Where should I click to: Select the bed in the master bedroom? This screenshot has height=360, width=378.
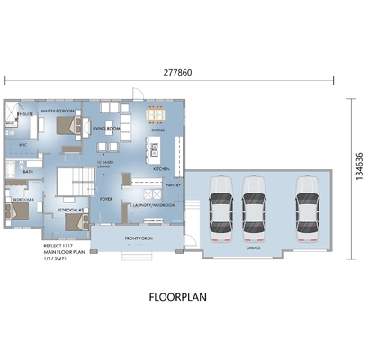63,127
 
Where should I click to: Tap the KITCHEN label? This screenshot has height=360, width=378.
161,168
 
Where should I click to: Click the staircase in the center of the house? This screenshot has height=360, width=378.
72,181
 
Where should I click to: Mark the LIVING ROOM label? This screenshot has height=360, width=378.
106,129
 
